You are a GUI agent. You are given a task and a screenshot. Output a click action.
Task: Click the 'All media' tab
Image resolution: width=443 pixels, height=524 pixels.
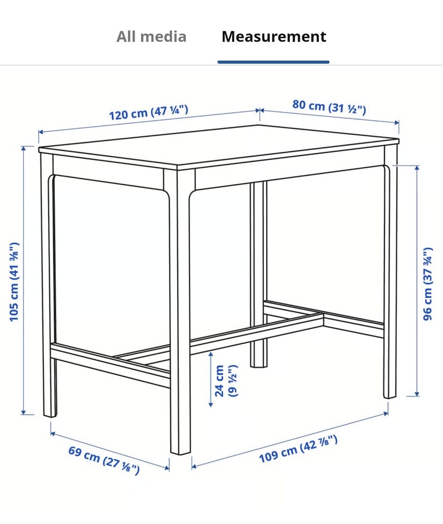[151, 36]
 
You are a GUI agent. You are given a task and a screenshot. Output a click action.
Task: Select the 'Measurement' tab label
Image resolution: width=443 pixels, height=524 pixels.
[274, 36]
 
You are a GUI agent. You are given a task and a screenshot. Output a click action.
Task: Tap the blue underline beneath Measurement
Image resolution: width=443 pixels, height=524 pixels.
[273, 62]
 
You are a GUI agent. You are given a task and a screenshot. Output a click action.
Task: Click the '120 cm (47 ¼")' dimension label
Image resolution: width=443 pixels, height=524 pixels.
[149, 112]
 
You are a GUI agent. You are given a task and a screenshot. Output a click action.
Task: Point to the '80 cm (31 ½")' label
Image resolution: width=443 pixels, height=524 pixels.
[329, 107]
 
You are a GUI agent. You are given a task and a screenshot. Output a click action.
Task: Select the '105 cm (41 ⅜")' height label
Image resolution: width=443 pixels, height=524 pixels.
[14, 282]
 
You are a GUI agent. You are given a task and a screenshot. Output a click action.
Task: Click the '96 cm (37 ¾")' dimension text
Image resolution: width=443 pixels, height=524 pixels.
[428, 284]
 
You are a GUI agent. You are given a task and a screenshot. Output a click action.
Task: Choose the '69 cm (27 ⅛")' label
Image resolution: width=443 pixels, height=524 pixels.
[104, 460]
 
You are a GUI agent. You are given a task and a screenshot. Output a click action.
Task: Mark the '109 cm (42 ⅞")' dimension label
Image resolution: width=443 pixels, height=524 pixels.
[298, 449]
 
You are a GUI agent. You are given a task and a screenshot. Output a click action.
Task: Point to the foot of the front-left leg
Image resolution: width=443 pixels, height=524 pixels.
[50, 415]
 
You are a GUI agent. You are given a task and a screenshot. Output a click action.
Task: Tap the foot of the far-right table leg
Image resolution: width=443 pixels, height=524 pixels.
[389, 396]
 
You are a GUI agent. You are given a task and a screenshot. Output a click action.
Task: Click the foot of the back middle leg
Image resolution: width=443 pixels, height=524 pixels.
[259, 365]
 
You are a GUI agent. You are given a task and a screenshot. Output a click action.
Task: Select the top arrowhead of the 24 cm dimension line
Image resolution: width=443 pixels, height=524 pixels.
[210, 354]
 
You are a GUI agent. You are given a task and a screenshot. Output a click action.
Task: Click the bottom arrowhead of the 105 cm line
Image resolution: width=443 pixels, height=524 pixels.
[24, 412]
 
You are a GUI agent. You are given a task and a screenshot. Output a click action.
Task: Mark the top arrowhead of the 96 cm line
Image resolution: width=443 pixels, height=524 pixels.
[417, 168]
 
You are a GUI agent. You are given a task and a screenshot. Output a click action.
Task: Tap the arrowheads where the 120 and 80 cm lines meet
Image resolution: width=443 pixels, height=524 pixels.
[260, 110]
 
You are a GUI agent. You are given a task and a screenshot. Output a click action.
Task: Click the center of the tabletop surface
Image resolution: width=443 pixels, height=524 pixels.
[219, 145]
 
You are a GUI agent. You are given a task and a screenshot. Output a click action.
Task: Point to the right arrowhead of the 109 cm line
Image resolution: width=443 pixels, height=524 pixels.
[386, 414]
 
